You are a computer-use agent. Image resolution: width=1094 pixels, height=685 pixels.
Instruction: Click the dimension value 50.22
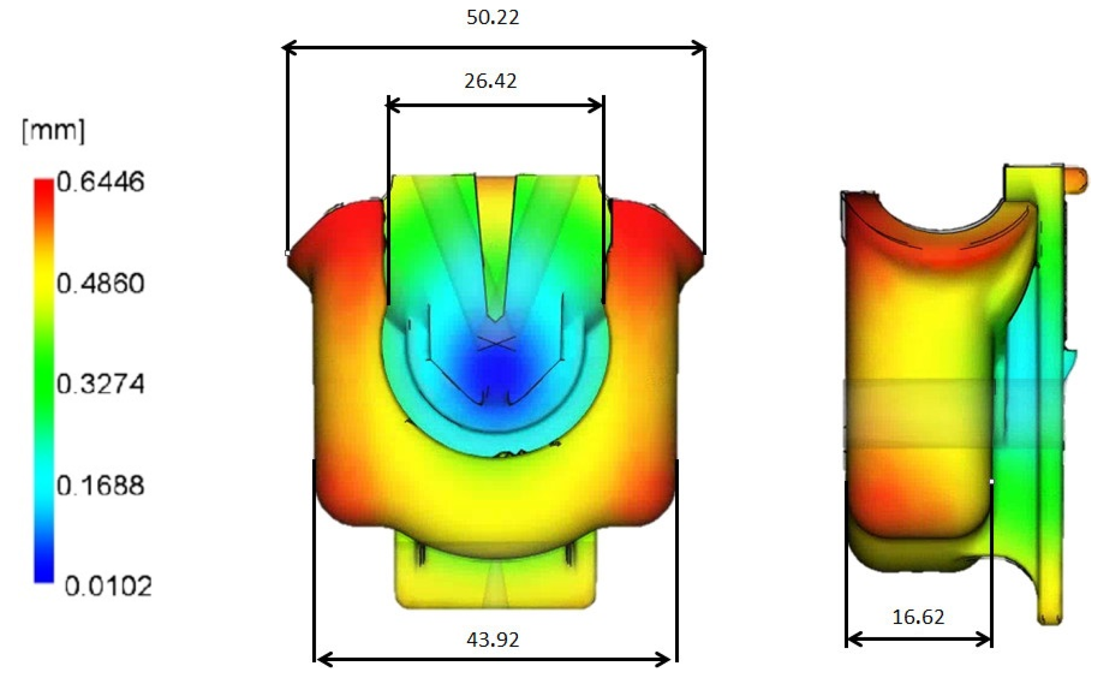[493, 17]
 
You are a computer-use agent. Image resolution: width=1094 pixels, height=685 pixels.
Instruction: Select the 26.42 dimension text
[491, 81]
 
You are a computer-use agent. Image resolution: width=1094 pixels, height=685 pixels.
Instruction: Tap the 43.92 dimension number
[493, 639]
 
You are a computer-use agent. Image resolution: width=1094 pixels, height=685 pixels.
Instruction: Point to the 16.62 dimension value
[918, 617]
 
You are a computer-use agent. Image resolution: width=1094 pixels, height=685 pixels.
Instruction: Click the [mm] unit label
[53, 131]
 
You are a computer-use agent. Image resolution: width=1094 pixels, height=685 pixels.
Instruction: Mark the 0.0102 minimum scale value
[108, 586]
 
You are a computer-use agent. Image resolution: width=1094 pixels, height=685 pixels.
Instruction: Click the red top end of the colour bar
[44, 187]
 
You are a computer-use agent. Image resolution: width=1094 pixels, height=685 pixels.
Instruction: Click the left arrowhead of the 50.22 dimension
[290, 48]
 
